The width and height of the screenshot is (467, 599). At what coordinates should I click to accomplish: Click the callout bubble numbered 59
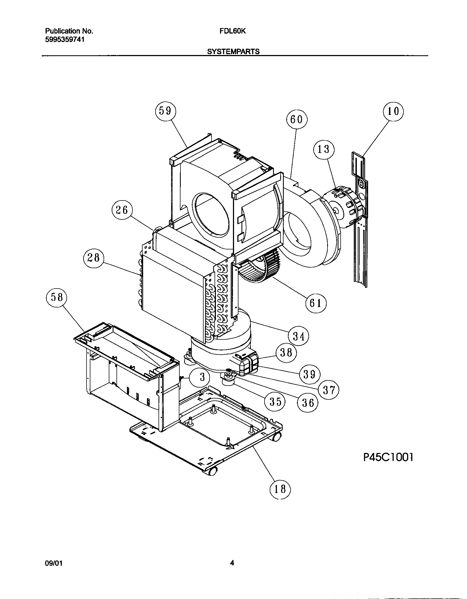165,111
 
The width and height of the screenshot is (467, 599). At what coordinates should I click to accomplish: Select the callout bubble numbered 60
297,119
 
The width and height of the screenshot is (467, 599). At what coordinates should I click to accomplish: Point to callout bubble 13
324,150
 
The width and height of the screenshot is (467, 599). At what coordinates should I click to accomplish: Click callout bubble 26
122,210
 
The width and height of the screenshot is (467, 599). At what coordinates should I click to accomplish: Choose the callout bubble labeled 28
93,259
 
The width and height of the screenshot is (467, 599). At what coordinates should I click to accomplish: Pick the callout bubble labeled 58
57,298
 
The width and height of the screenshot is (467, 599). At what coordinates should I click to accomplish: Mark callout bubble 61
316,303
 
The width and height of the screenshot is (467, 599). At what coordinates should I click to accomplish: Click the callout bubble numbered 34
299,336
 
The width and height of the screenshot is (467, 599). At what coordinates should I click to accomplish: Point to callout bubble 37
329,390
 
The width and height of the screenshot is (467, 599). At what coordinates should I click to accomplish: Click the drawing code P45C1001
388,457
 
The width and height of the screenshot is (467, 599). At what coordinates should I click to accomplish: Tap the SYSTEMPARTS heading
233,52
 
